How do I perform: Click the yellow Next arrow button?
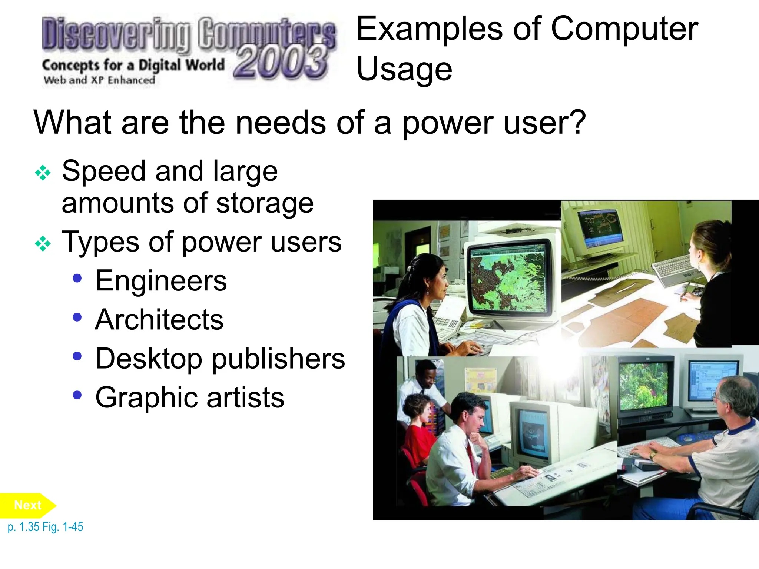click(x=28, y=505)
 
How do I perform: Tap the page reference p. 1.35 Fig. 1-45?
click(x=45, y=527)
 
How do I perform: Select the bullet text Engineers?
click(x=161, y=281)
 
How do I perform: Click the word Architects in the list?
click(x=159, y=320)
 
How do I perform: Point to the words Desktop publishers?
click(x=220, y=359)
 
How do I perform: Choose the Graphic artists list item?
click(x=190, y=397)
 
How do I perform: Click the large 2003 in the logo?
click(x=281, y=63)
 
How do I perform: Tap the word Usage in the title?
click(x=404, y=69)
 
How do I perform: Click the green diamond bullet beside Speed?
click(x=43, y=173)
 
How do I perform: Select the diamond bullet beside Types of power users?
click(x=43, y=244)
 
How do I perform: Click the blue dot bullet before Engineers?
click(x=77, y=278)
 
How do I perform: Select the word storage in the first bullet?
click(x=265, y=203)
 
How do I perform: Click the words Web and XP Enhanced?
click(x=99, y=80)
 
